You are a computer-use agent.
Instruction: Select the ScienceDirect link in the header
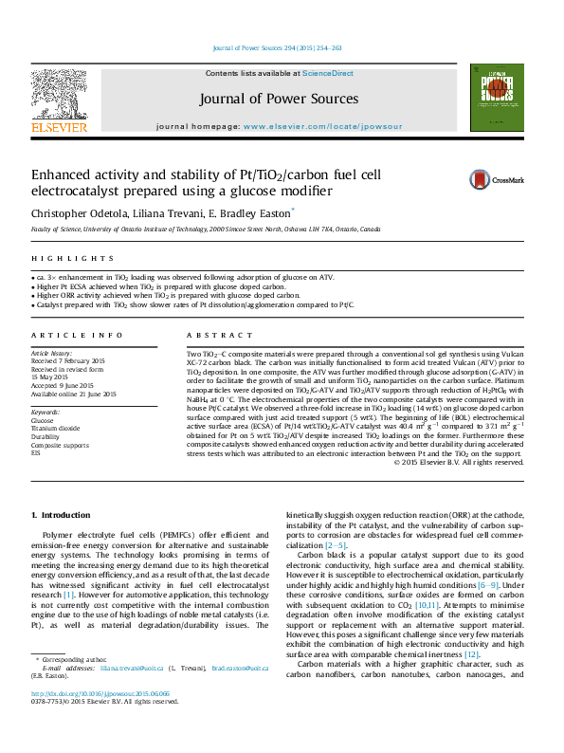pyautogui.click(x=328, y=73)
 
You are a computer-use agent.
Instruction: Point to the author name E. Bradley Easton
pyautogui.click(x=254, y=211)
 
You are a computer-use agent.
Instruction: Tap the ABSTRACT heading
pyautogui.click(x=209, y=336)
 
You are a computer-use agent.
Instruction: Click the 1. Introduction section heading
pyautogui.click(x=61, y=514)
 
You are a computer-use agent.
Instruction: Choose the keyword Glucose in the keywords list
pyautogui.click(x=44, y=420)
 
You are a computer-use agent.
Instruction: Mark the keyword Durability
pyautogui.click(x=46, y=436)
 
